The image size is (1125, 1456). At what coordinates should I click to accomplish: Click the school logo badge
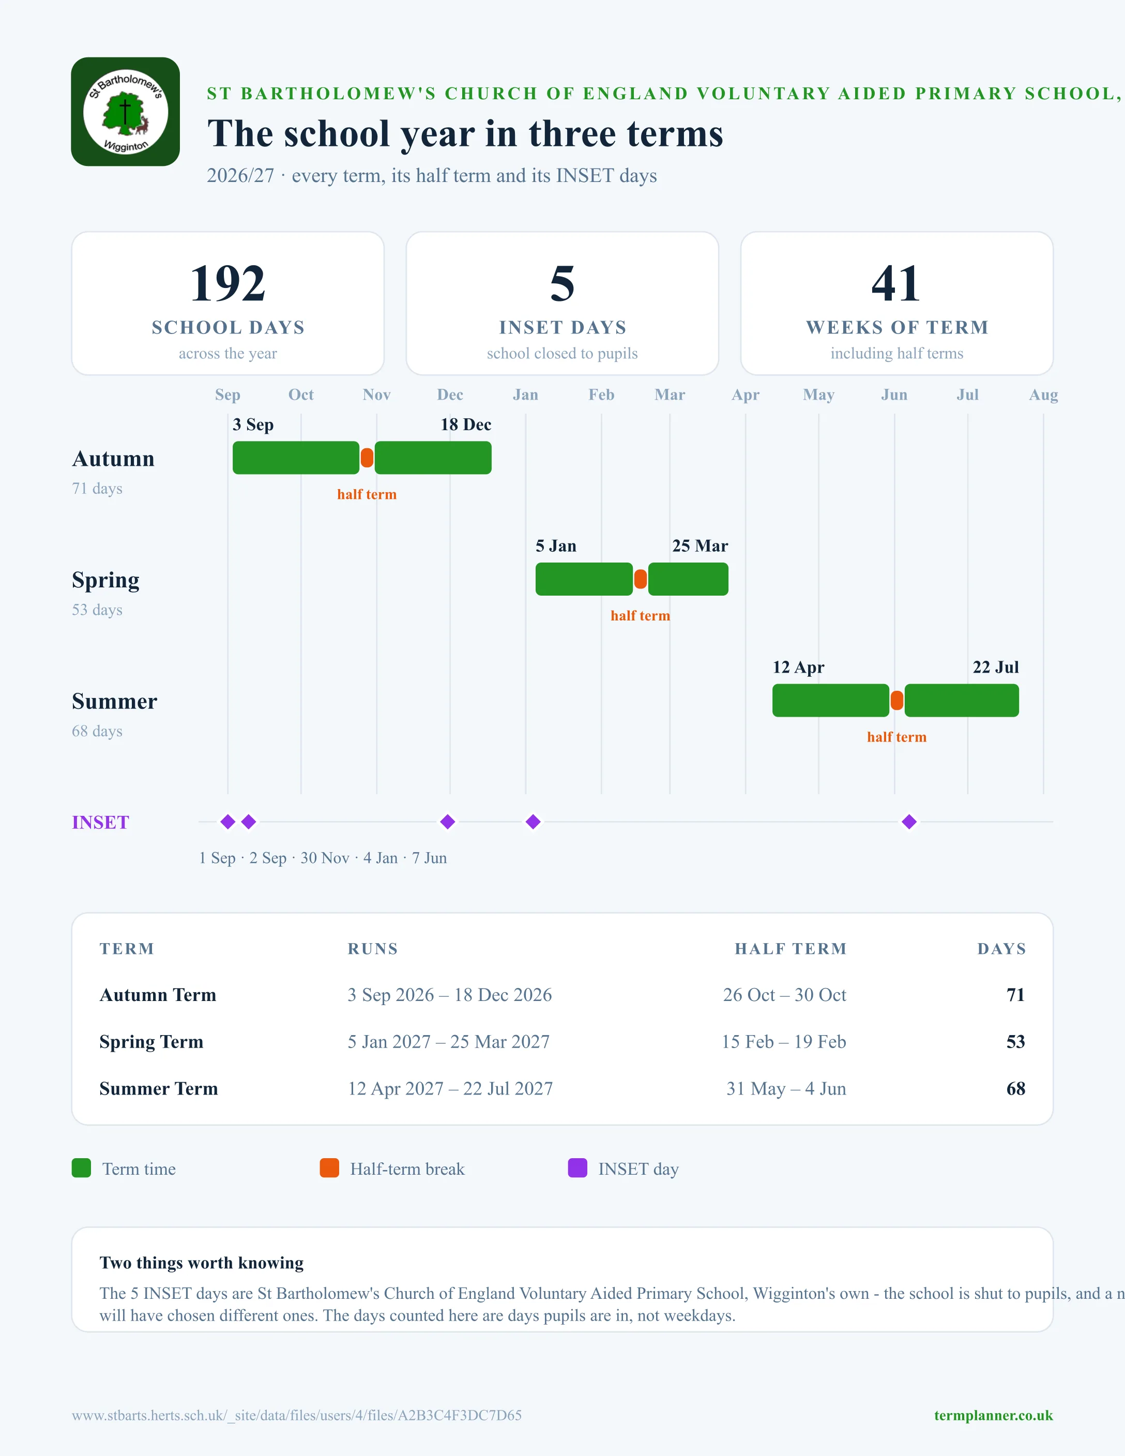(125, 111)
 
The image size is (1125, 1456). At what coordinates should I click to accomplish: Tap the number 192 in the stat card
(228, 283)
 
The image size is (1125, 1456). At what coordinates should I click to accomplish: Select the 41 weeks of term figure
(896, 283)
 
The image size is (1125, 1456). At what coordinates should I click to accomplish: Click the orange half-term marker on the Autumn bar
(367, 458)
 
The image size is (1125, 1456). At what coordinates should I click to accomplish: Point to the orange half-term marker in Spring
(641, 579)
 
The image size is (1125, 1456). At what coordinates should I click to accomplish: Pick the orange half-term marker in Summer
(897, 701)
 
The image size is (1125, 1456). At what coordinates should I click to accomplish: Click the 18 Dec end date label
(466, 424)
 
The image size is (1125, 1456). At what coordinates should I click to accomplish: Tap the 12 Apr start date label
(798, 668)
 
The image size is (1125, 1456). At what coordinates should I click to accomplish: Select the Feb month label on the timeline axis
(601, 395)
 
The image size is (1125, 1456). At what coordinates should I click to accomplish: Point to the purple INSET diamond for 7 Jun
(909, 822)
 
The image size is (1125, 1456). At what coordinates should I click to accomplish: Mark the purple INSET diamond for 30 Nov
(448, 822)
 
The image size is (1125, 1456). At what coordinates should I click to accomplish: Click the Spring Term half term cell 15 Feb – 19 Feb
(784, 1041)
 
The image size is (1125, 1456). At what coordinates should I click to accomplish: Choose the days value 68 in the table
(1016, 1089)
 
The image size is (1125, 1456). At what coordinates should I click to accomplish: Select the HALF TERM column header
(790, 949)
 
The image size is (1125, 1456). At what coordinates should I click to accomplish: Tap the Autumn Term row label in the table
(158, 995)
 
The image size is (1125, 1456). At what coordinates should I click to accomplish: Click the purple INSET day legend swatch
(577, 1168)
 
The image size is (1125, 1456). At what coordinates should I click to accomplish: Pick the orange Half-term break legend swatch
(329, 1168)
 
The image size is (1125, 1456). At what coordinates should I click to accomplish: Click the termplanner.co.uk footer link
(993, 1415)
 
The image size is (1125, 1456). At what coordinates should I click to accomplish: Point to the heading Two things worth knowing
(201, 1263)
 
